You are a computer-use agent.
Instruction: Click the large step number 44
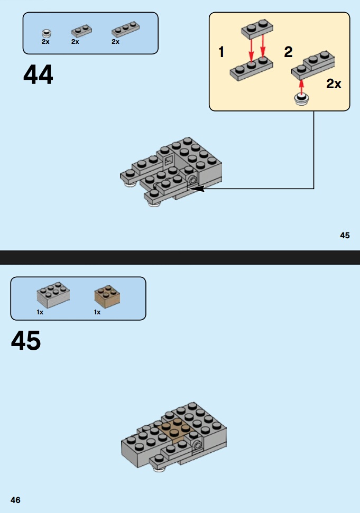click(x=38, y=74)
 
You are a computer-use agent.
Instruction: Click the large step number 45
click(x=26, y=340)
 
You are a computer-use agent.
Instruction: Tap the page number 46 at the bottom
click(x=15, y=500)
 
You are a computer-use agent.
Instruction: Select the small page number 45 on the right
click(x=345, y=235)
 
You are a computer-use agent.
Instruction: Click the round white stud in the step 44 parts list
click(x=47, y=33)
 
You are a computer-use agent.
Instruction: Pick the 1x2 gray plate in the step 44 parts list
click(x=81, y=31)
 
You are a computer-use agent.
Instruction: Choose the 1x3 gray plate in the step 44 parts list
click(x=126, y=30)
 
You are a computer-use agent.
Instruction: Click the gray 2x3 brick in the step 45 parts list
click(x=53, y=295)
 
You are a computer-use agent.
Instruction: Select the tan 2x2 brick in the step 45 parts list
click(x=107, y=295)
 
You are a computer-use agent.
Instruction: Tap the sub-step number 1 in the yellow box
click(x=221, y=52)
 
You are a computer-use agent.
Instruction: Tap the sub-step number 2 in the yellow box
click(x=288, y=52)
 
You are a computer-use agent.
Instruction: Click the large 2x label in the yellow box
click(x=334, y=84)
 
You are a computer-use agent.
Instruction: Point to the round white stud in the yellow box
click(x=301, y=99)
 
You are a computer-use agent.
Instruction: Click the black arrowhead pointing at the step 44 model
click(x=196, y=189)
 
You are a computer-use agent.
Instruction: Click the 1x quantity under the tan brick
click(x=97, y=312)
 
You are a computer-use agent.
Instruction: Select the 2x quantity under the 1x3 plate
click(x=116, y=42)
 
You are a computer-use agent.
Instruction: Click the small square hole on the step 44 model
click(x=169, y=161)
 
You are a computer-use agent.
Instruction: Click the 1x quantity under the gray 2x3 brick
click(x=40, y=312)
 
